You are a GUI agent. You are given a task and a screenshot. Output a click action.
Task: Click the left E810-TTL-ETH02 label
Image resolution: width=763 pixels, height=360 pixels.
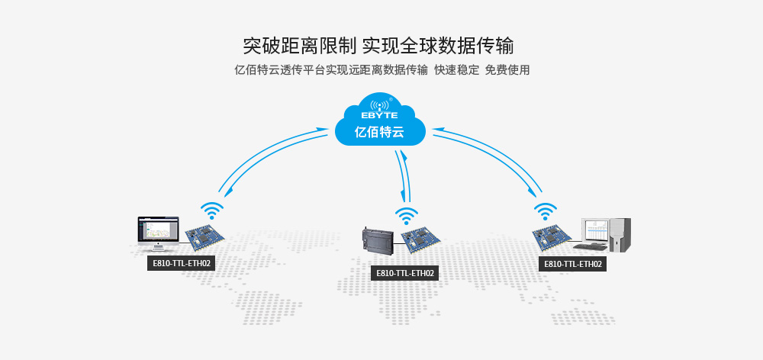[180, 263]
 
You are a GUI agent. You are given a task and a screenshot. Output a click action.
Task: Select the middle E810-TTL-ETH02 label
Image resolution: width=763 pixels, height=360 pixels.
[404, 273]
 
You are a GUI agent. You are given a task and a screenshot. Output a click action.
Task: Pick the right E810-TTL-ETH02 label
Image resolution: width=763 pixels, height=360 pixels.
[572, 264]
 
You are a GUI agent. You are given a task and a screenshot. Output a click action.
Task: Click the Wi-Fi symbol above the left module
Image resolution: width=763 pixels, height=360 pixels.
[211, 211]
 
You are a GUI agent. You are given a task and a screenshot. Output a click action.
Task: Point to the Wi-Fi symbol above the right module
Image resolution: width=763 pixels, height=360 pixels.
[545, 210]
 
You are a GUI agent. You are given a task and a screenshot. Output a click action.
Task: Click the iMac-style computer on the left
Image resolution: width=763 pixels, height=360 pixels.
[157, 233]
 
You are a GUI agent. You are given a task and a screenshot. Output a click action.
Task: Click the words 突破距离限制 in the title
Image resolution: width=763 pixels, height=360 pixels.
[299, 44]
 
